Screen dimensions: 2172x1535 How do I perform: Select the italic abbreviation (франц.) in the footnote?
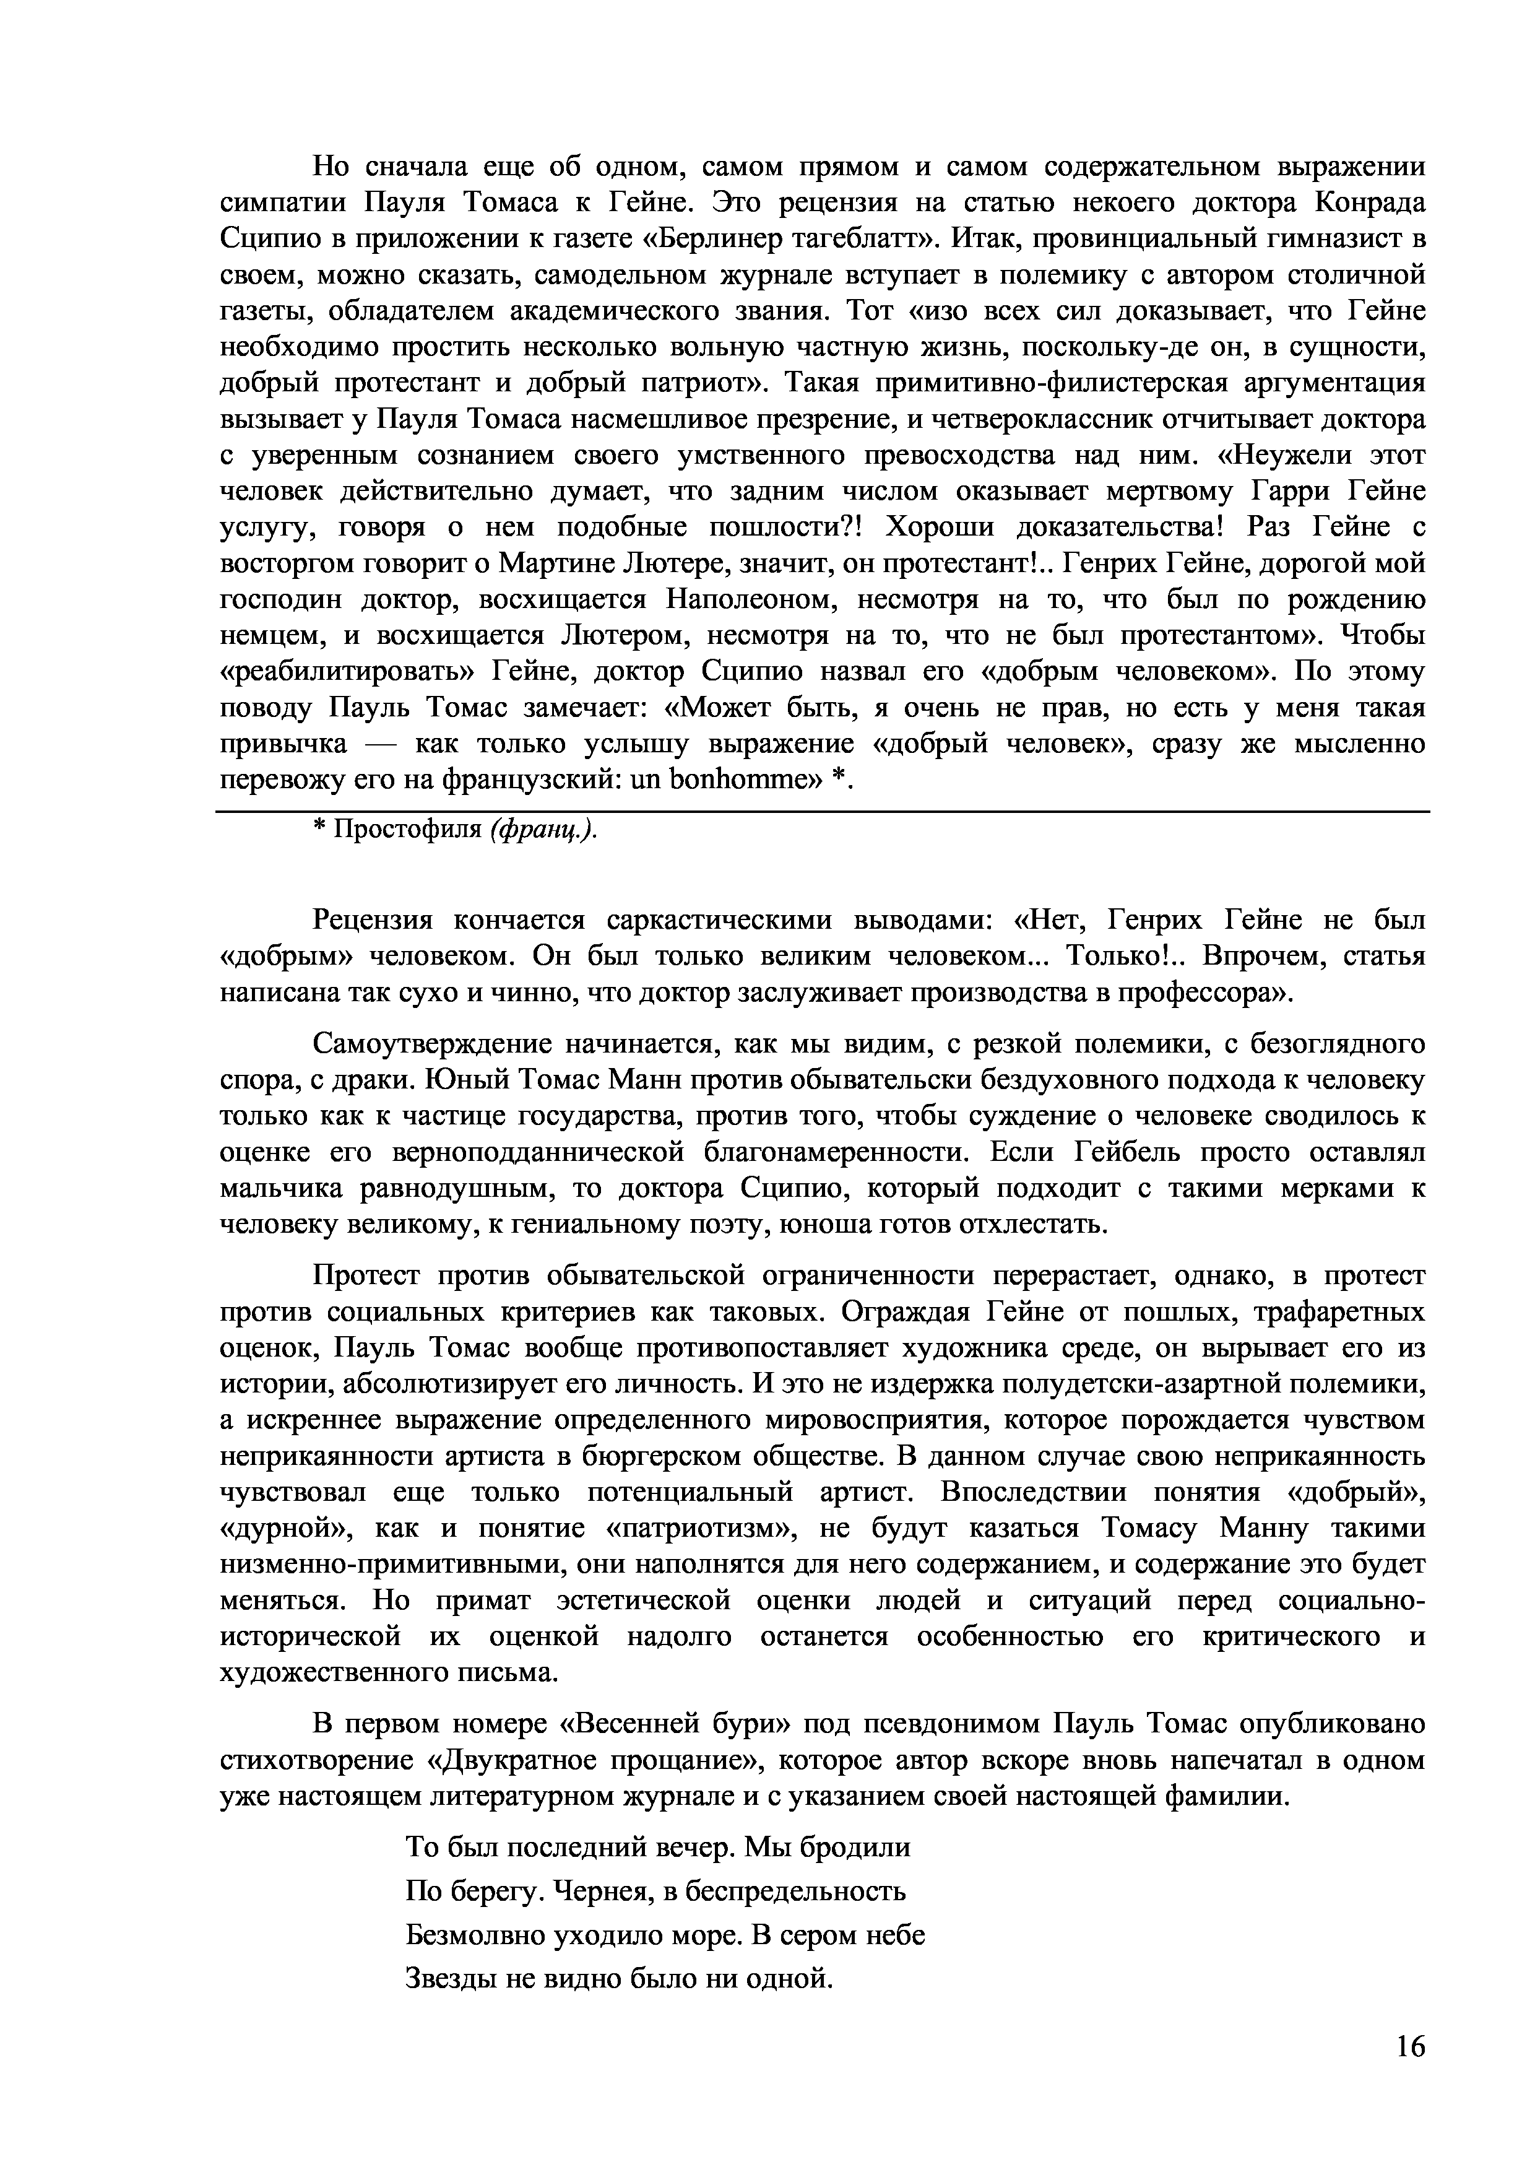[x=544, y=830]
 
